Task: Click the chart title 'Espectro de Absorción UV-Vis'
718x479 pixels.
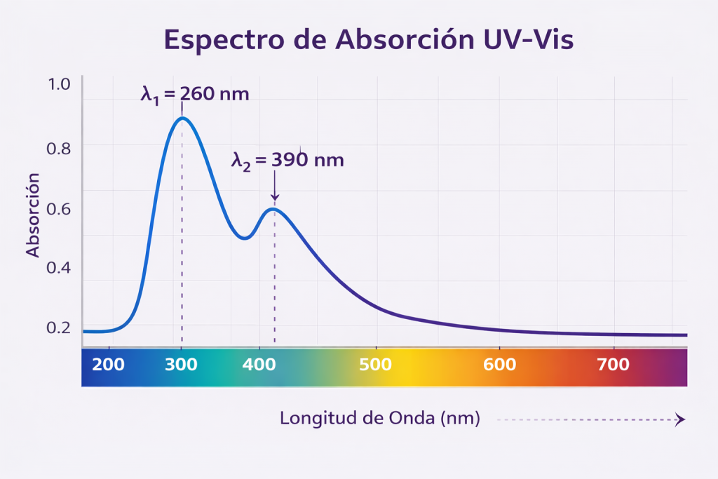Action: coord(368,40)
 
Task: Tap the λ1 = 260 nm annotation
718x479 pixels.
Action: coord(195,94)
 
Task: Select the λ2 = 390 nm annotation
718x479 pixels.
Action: coord(287,160)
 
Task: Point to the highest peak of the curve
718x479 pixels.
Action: coord(182,118)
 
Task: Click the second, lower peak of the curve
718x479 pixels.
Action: coord(274,209)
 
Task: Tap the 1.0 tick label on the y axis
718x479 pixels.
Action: coord(60,84)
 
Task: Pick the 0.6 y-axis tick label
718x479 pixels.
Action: coord(60,208)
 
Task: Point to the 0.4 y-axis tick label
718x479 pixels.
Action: coord(60,268)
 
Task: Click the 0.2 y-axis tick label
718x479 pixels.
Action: coord(60,328)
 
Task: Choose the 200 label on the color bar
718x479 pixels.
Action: coord(108,365)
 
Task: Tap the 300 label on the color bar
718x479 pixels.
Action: coord(182,365)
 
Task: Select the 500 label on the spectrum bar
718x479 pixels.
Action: coord(376,365)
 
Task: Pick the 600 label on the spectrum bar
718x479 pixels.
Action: coord(499,365)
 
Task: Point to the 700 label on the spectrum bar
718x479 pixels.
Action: coord(614,365)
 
